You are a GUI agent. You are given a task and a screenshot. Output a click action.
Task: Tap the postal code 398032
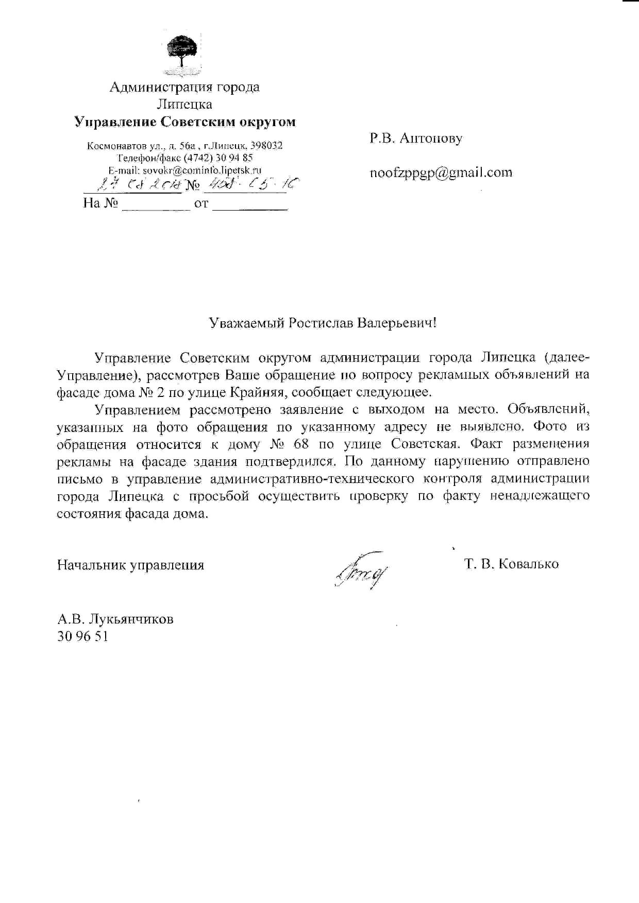click(x=266, y=146)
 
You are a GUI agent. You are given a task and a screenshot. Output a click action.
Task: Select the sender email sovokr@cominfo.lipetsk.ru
click(x=202, y=169)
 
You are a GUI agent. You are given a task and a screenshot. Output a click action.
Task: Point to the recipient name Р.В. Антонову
click(x=416, y=138)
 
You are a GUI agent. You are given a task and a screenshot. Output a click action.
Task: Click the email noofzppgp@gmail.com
click(x=441, y=172)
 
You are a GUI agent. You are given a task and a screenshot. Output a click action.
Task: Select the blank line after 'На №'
click(x=156, y=205)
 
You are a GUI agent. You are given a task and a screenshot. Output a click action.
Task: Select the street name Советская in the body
click(x=424, y=444)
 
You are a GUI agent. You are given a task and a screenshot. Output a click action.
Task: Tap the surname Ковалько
click(x=529, y=564)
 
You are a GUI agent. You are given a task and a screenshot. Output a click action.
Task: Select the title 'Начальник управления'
click(x=130, y=565)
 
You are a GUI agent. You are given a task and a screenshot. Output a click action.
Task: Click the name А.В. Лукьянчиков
click(x=115, y=618)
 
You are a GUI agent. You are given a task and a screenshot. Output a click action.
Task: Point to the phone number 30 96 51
click(x=82, y=636)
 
